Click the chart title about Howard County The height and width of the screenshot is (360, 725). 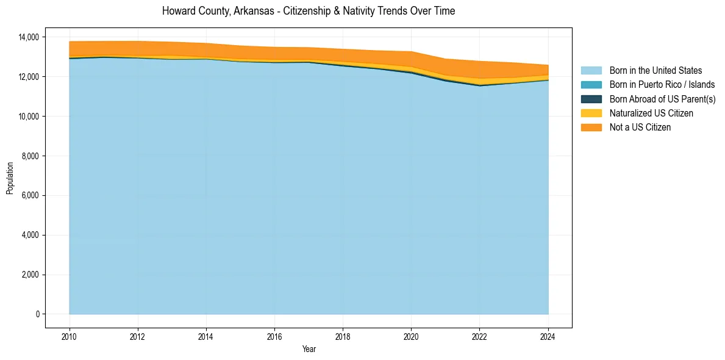tap(309, 11)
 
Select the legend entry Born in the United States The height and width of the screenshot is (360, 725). tap(655, 71)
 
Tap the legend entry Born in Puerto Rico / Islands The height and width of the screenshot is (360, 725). tap(662, 85)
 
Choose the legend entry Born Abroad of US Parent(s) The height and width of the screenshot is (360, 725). tap(662, 99)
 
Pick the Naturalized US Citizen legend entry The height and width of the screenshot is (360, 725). tap(651, 113)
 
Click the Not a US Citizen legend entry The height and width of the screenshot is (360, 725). tap(640, 127)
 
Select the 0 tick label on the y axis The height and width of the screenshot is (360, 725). tap(37, 314)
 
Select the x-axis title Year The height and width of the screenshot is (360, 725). tap(309, 349)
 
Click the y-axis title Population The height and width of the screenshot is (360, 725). tap(10, 178)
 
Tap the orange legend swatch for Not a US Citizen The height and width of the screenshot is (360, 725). tap(591, 127)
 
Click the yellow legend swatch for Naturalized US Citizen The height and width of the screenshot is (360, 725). tap(591, 113)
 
